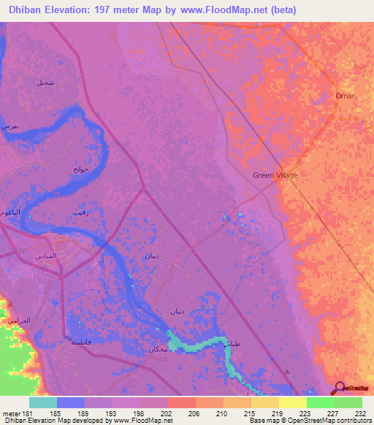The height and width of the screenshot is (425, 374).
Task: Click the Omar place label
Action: pos(345,96)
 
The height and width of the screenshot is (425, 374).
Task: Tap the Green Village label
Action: pos(275,175)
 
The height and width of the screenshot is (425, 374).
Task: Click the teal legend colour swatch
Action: pos(42,402)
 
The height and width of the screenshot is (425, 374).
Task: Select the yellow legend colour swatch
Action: pos(292,402)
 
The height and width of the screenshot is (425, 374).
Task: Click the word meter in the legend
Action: pos(9,412)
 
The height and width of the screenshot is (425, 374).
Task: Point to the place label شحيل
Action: pos(45,83)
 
